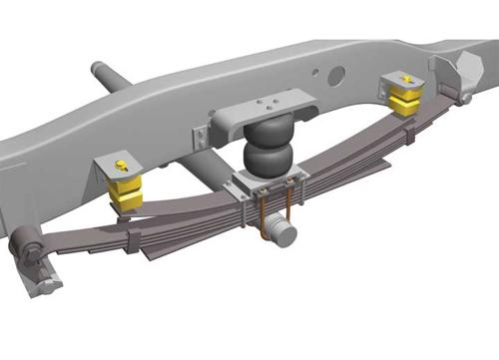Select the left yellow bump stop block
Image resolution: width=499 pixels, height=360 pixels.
coord(126,190)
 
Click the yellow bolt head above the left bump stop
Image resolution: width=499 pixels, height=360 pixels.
coord(121,164)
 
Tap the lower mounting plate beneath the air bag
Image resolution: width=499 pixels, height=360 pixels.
coord(267,184)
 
